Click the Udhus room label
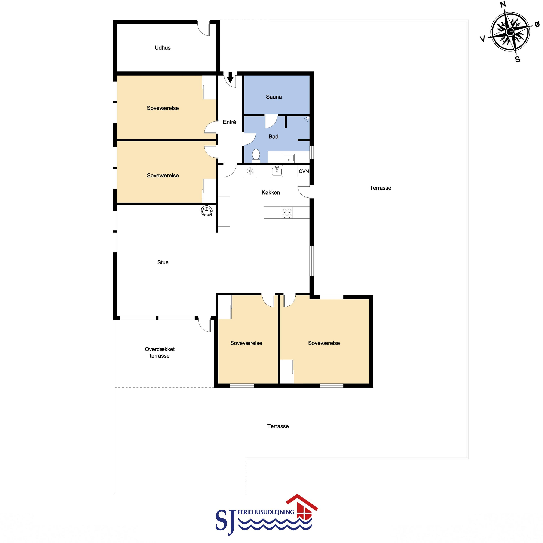162,48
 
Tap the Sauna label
274,97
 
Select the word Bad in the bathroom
273,137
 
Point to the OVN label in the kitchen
304,171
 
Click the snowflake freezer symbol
250,171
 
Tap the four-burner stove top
287,213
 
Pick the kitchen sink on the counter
277,171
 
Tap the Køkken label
271,193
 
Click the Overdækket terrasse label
160,352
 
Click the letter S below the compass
517,59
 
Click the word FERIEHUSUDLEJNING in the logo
266,512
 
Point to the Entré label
229,122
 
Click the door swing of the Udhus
204,28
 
